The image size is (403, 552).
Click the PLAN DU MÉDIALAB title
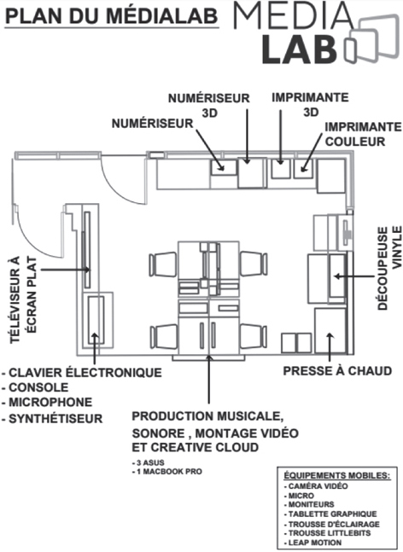click(x=111, y=16)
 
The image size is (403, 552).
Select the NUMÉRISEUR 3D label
click(x=209, y=105)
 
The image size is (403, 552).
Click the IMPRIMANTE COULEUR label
click(x=363, y=134)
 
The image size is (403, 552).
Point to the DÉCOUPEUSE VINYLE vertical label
click(x=389, y=268)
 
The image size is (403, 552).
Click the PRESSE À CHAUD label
click(x=337, y=371)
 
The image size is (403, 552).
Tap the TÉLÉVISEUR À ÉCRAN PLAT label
click(x=24, y=299)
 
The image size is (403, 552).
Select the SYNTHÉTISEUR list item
click(x=52, y=419)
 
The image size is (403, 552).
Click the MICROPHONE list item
click(x=47, y=402)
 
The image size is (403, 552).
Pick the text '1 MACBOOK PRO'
click(x=167, y=472)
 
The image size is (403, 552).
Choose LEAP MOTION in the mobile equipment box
click(x=312, y=543)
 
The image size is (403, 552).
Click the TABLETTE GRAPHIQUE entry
click(x=330, y=514)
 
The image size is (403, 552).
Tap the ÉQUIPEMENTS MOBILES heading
click(x=337, y=475)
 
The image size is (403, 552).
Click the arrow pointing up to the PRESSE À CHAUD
click(x=330, y=346)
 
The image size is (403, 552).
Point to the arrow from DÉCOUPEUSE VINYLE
click(x=353, y=276)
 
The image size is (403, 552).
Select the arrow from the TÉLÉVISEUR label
click(x=65, y=270)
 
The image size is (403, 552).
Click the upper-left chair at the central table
click(x=163, y=264)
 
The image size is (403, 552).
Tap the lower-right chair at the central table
click(x=254, y=336)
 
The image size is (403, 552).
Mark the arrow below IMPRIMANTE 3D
click(x=280, y=137)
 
